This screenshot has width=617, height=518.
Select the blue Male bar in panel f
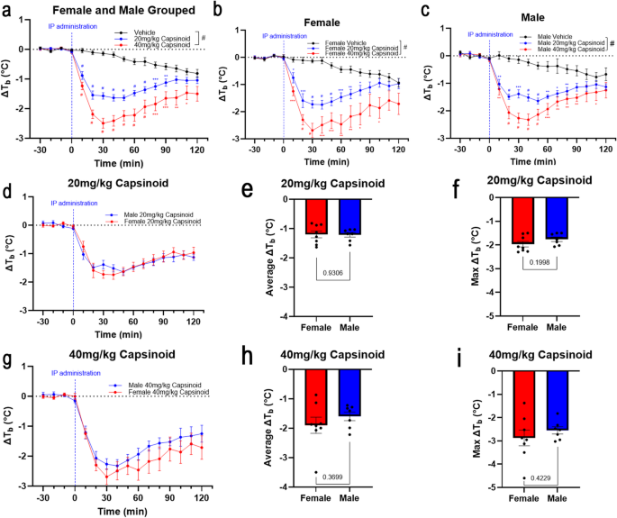click(x=558, y=217)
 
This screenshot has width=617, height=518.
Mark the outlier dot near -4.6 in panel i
click(x=524, y=478)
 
